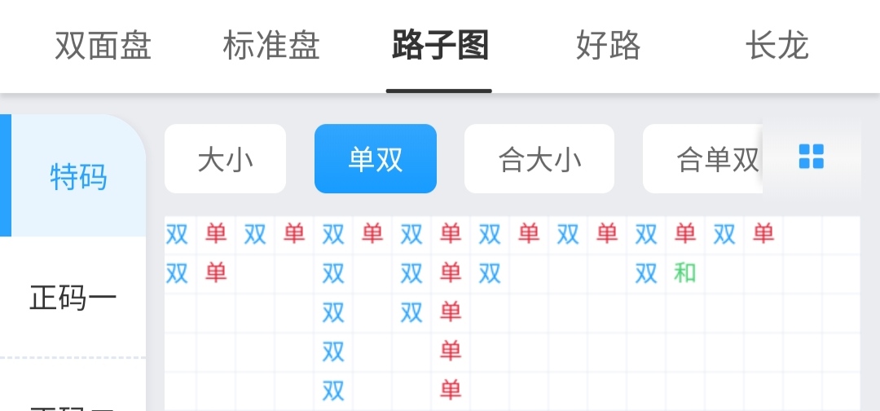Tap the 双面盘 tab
[x=103, y=46]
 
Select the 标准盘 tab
[x=271, y=46]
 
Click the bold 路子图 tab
[x=439, y=46]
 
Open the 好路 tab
[x=608, y=46]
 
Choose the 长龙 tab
[x=777, y=46]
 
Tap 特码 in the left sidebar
[x=78, y=177]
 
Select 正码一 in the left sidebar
[x=73, y=298]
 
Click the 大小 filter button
[x=225, y=159]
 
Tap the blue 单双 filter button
[x=376, y=159]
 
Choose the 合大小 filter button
[x=539, y=159]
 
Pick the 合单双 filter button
[x=702, y=159]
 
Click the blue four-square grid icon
[x=812, y=157]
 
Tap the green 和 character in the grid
[x=684, y=273]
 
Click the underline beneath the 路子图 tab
[x=439, y=91]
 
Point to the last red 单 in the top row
[x=763, y=233]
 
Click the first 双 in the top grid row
[x=177, y=233]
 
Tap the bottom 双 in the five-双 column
[x=333, y=391]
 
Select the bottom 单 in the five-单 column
[x=451, y=391]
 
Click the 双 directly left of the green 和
[x=646, y=273]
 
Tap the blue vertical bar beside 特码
[x=6, y=175]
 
